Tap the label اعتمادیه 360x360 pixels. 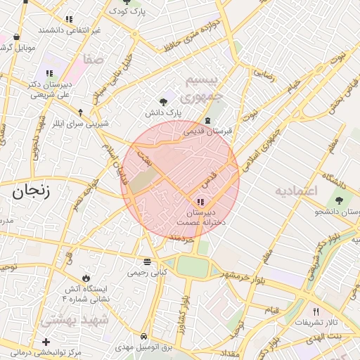pyautogui.click(x=296, y=191)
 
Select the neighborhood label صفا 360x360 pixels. pyautogui.click(x=93, y=60)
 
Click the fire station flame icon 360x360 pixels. pyautogui.click(x=86, y=278)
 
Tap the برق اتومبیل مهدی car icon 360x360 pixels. pyautogui.click(x=143, y=336)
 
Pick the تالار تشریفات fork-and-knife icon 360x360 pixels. pyautogui.click(x=316, y=311)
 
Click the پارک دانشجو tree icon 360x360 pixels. pyautogui.click(x=340, y=200)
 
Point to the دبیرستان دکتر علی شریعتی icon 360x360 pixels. pyautogui.click(x=49, y=73)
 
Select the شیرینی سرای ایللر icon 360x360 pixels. pyautogui.click(x=79, y=112)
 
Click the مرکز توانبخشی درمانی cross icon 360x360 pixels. pyautogui.click(x=46, y=342)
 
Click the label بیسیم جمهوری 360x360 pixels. pyautogui.click(x=202, y=87)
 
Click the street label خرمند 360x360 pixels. pyautogui.click(x=181, y=238)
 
